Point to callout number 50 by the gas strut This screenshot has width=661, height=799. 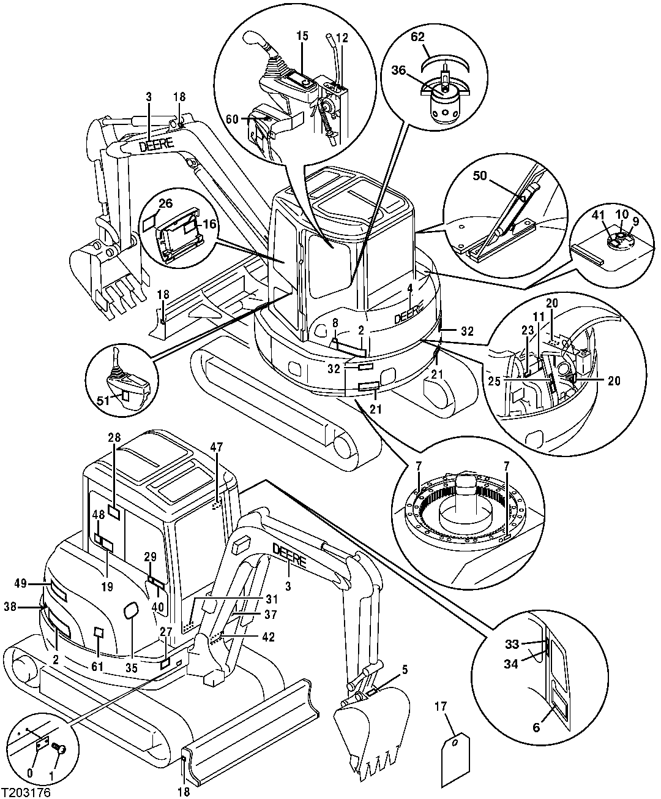click(479, 176)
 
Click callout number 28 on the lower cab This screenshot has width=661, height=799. click(114, 438)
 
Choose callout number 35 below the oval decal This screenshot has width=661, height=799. click(132, 668)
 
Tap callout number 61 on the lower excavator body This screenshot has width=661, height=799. click(97, 667)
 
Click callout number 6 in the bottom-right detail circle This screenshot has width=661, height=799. click(536, 727)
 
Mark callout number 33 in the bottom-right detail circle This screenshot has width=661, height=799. click(512, 644)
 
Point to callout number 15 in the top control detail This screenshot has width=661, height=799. click(302, 37)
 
